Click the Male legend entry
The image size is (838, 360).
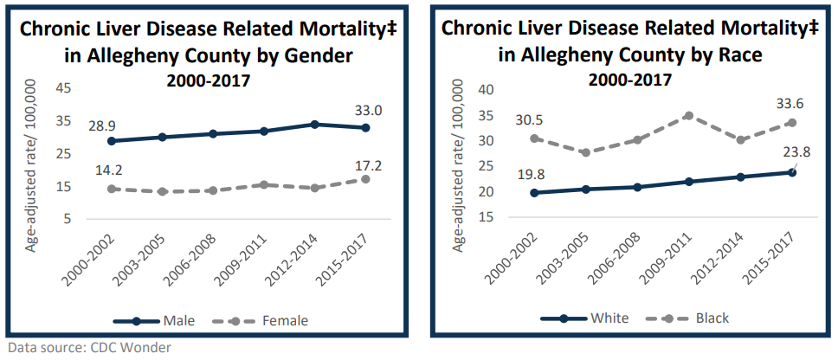(177, 321)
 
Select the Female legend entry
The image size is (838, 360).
(285, 321)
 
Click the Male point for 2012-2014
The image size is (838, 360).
(314, 125)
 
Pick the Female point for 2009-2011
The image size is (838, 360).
(265, 184)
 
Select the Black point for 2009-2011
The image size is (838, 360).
(689, 115)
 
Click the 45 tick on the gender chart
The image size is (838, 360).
(63, 88)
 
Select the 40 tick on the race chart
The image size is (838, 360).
(486, 89)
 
